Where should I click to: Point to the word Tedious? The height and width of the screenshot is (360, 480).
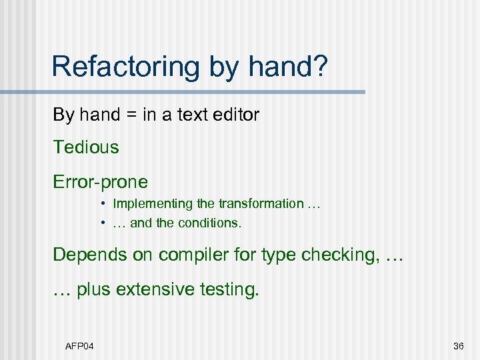(86, 147)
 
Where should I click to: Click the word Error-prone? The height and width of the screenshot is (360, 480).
(101, 181)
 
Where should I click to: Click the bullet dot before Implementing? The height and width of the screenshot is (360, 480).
(105, 203)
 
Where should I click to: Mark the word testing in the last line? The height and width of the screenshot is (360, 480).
(231, 290)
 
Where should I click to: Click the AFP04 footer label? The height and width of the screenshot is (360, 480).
(79, 345)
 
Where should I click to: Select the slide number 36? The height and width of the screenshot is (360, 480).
(458, 345)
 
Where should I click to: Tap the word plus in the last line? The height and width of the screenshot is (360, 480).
(95, 290)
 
